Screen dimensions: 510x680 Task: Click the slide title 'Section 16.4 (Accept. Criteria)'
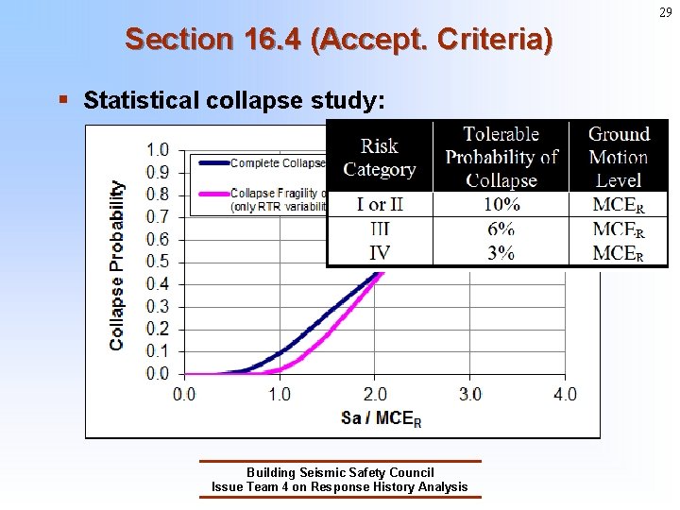pyautogui.click(x=339, y=40)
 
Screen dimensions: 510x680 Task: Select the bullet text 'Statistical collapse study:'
pyautogui.click(x=234, y=100)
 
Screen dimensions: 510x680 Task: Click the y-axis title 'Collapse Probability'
pyautogui.click(x=117, y=265)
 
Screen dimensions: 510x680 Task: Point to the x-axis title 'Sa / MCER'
pyautogui.click(x=381, y=417)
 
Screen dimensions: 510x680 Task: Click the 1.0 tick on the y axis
pyautogui.click(x=158, y=150)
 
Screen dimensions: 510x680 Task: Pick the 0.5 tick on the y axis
pyautogui.click(x=158, y=262)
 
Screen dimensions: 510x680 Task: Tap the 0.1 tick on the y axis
pyautogui.click(x=158, y=351)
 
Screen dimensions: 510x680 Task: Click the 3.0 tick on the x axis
pyautogui.click(x=469, y=394)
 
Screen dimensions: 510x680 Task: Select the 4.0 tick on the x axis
pyautogui.click(x=564, y=394)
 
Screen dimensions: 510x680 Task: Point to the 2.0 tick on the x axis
pyautogui.click(x=374, y=394)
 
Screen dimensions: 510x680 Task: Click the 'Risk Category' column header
pyautogui.click(x=379, y=158)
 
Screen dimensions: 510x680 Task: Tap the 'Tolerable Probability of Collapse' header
pyautogui.click(x=501, y=157)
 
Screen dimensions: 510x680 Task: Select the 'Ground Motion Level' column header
pyautogui.click(x=619, y=157)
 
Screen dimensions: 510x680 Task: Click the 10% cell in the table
pyautogui.click(x=501, y=205)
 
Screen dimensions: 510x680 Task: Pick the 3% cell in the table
pyautogui.click(x=501, y=252)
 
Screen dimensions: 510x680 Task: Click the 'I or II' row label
pyautogui.click(x=379, y=205)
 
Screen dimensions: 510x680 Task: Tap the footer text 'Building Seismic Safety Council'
pyautogui.click(x=340, y=472)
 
